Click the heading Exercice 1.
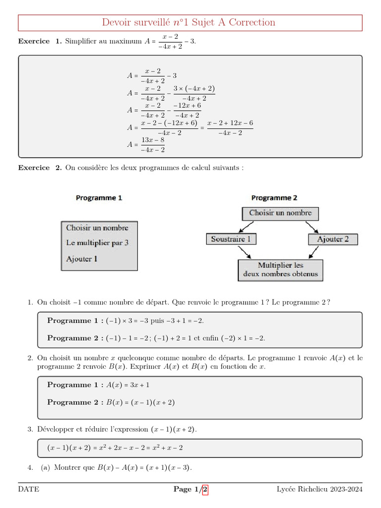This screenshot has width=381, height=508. point(40,41)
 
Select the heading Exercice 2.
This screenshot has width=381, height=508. point(40,168)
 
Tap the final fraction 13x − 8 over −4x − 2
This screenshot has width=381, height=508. point(153,145)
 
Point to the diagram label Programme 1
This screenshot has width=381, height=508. point(99,197)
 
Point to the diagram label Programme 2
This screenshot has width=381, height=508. point(274,197)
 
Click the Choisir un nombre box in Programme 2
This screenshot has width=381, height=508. point(280,213)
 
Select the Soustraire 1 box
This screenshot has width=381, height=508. point(230,239)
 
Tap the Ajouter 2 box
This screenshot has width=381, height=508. point(333,239)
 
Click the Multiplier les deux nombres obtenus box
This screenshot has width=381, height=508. point(280,270)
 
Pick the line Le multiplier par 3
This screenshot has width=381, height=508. point(98,243)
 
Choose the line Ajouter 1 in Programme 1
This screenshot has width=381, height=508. point(82,258)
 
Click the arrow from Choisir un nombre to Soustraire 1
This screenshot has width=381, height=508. point(248,227)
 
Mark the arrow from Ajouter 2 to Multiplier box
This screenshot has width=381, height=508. point(315,253)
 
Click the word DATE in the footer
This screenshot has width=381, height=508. point(29,490)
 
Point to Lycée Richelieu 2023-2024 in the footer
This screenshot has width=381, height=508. point(319,490)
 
